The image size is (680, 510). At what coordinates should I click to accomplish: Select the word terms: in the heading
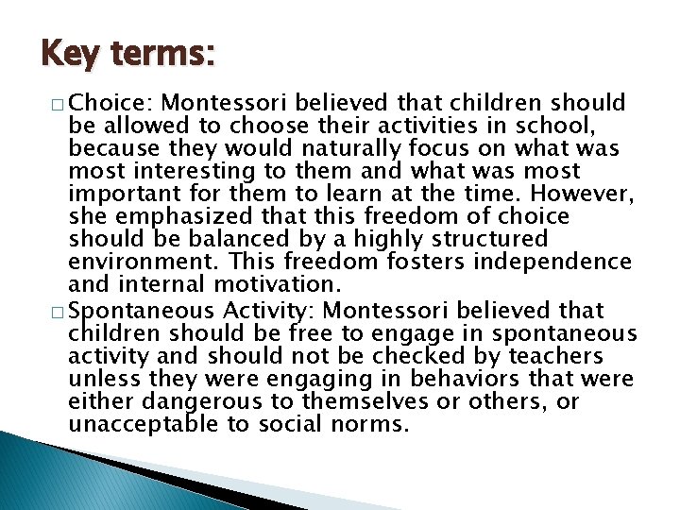(163, 54)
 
